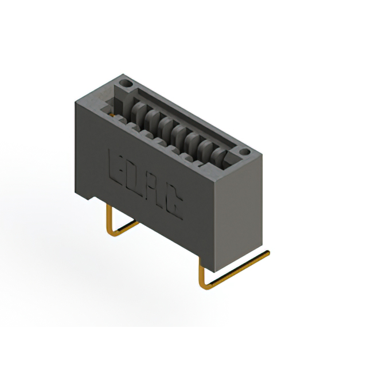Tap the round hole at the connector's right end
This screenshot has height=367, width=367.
coord(244,153)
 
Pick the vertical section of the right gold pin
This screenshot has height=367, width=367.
coord(201,270)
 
